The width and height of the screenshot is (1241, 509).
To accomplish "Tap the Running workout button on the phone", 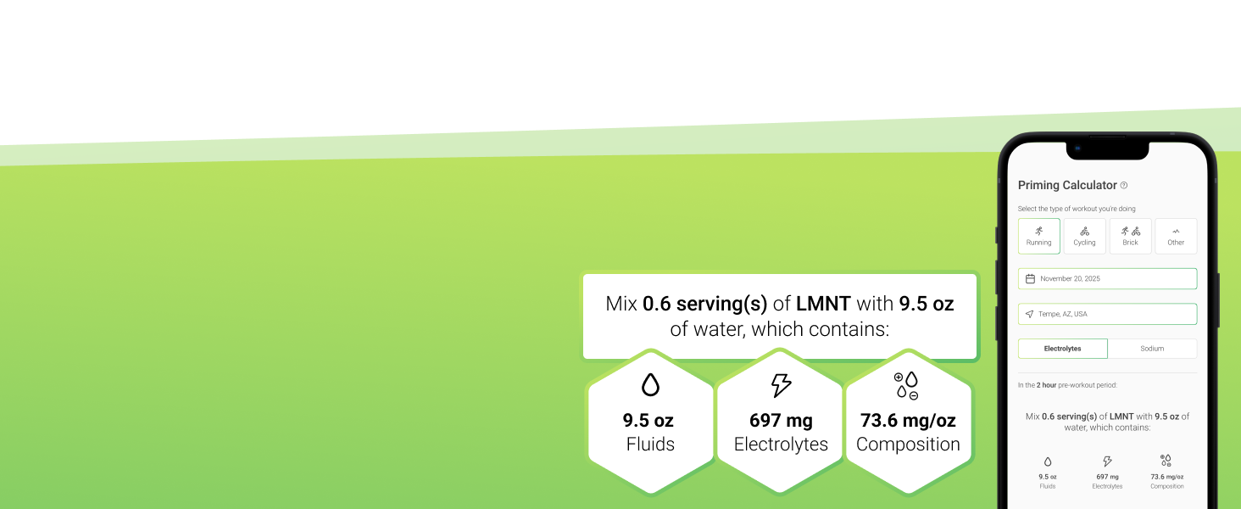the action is pyautogui.click(x=1038, y=236).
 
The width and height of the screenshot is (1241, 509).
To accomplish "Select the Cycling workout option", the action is pyautogui.click(x=1084, y=236).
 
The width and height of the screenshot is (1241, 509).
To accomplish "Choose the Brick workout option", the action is pyautogui.click(x=1130, y=236).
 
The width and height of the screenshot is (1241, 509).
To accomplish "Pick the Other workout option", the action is pyautogui.click(x=1176, y=236).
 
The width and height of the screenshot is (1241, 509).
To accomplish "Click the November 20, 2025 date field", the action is pyautogui.click(x=1107, y=278).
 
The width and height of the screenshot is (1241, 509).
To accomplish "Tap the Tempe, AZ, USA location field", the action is pyautogui.click(x=1107, y=314).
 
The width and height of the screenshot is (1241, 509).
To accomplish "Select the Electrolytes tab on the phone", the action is pyautogui.click(x=1063, y=349).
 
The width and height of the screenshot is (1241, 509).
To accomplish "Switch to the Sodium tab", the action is pyautogui.click(x=1152, y=349).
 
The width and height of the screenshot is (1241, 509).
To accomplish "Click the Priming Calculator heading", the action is pyautogui.click(x=1067, y=185).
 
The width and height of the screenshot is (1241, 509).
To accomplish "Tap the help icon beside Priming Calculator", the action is pyautogui.click(x=1123, y=185).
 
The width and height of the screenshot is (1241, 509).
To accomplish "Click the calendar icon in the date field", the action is pyautogui.click(x=1030, y=278).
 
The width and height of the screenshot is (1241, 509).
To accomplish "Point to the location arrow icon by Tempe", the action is pyautogui.click(x=1029, y=314).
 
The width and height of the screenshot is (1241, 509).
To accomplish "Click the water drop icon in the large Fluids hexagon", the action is pyautogui.click(x=650, y=384).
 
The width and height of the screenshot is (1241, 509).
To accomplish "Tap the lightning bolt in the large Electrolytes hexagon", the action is pyautogui.click(x=782, y=385).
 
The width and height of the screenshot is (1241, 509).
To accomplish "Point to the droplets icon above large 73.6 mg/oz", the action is pyautogui.click(x=906, y=385).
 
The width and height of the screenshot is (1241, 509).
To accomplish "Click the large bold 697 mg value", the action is pyautogui.click(x=782, y=420).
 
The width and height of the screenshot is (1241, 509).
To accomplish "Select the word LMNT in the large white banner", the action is pyautogui.click(x=823, y=304).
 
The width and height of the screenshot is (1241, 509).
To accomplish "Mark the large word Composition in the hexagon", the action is pyautogui.click(x=908, y=445).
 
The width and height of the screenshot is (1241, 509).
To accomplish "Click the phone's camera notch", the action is pyautogui.click(x=1107, y=149).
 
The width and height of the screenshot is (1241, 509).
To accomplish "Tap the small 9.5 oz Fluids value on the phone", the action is pyautogui.click(x=1048, y=477).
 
